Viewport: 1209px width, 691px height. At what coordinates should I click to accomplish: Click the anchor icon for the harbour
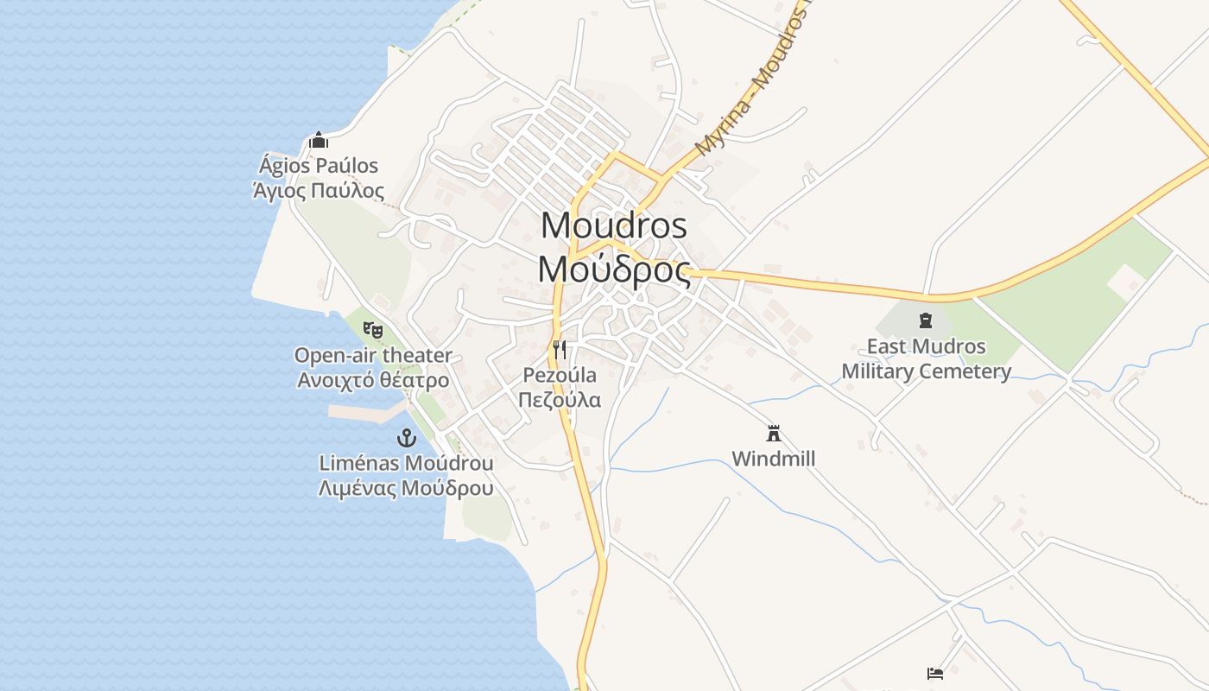click(406, 438)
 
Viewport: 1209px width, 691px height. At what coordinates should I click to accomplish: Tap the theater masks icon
click(373, 329)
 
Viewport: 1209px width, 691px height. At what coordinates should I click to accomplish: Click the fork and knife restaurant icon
click(560, 349)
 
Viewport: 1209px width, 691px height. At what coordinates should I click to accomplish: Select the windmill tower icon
click(773, 433)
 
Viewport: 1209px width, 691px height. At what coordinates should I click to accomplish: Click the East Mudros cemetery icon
click(926, 321)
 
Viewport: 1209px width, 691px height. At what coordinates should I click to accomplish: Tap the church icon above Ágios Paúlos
click(319, 140)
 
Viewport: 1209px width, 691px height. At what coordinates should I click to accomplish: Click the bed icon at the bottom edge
click(934, 673)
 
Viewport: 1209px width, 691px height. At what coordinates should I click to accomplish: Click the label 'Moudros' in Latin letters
click(614, 225)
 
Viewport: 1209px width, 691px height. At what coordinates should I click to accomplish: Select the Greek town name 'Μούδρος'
click(614, 269)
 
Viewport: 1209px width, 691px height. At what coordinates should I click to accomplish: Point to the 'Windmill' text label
click(773, 459)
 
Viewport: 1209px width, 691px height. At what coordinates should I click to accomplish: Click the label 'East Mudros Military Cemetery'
click(926, 359)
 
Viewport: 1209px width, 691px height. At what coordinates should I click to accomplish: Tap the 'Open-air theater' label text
click(373, 355)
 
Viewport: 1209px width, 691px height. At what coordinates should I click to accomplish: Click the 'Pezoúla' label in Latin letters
click(560, 375)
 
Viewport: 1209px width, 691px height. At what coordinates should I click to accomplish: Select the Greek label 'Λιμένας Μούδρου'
click(406, 488)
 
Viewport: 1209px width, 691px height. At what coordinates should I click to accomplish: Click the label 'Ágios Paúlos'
click(319, 165)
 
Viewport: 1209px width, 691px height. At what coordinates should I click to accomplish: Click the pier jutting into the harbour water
click(366, 412)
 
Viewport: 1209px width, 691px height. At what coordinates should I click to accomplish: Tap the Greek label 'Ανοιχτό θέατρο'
click(373, 380)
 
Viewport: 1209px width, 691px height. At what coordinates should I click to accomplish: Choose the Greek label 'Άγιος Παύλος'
click(319, 191)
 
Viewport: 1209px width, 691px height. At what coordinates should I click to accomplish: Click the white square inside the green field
click(1125, 282)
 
